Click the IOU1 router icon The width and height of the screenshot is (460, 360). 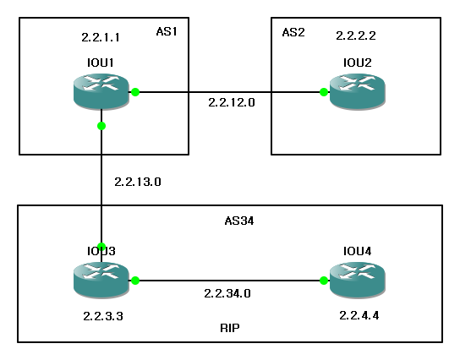tap(101, 92)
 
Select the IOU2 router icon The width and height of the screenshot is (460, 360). tap(355, 92)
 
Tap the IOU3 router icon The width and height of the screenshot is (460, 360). tap(101, 280)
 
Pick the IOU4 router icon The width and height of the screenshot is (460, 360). tap(355, 280)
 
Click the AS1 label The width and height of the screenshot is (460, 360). tap(167, 31)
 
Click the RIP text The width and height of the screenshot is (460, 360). tap(229, 325)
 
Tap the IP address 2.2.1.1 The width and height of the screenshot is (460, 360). tap(101, 38)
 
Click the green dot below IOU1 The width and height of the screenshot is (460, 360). tap(101, 126)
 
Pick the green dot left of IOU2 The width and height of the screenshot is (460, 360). tap(324, 93)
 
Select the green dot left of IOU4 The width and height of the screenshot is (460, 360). tap(324, 281)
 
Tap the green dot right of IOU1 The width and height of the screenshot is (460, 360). tap(134, 93)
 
